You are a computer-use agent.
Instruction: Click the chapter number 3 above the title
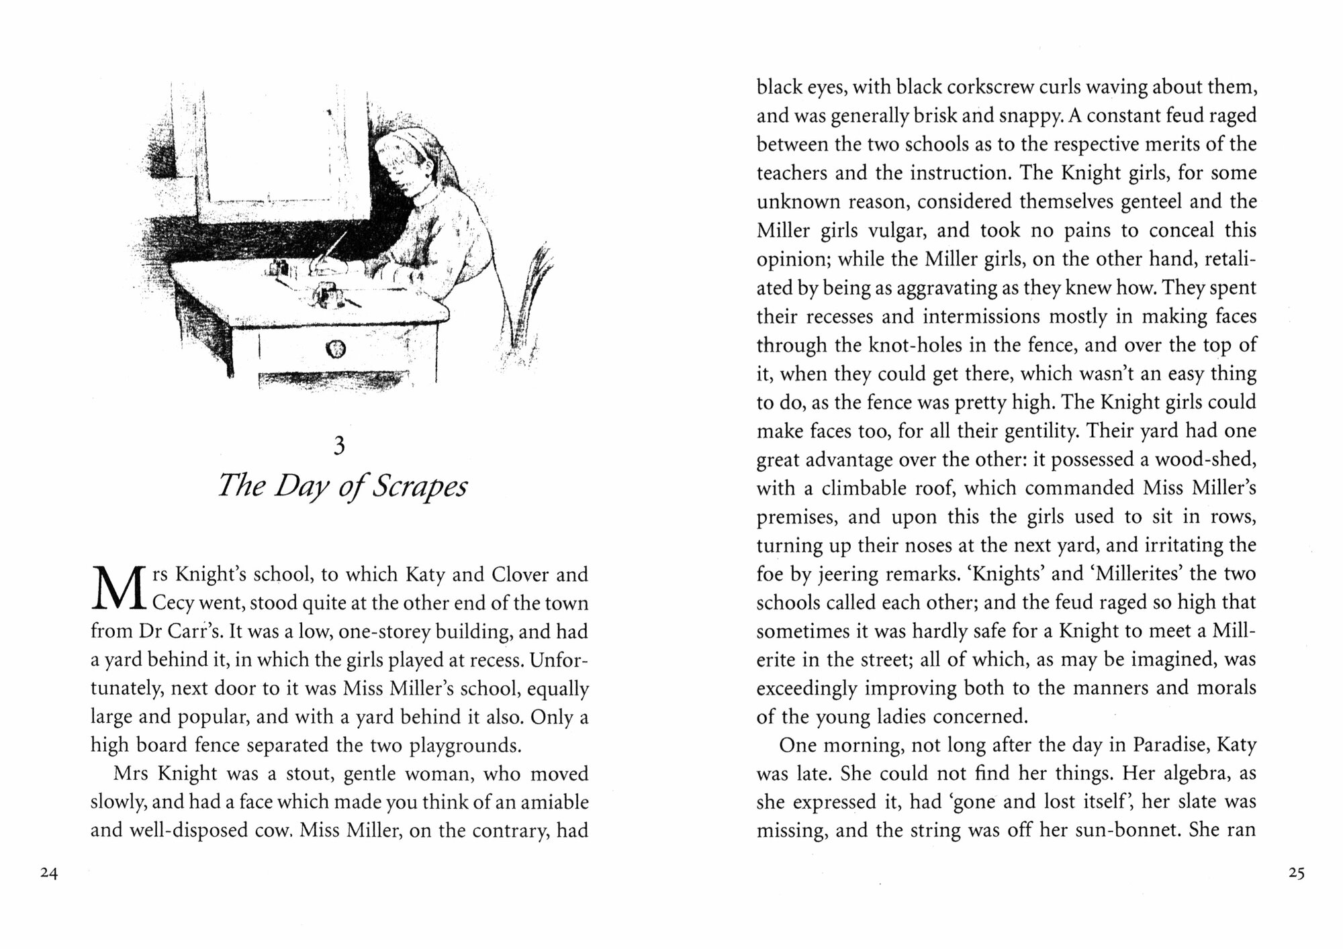tap(339, 446)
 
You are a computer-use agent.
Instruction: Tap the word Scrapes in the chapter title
tap(419, 487)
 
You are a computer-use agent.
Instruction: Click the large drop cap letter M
tap(118, 589)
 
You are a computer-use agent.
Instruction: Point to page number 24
tap(49, 873)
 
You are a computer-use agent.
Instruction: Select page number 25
tap(1296, 873)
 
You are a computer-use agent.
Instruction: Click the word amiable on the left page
tap(548, 803)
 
